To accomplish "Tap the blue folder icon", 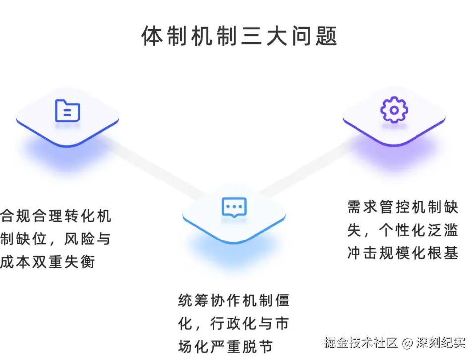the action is pyautogui.click(x=67, y=111).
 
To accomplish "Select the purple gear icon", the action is pyautogui.click(x=394, y=110).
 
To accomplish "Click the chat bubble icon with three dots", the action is pyautogui.click(x=234, y=207).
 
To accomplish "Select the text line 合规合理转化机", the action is pyautogui.click(x=56, y=216).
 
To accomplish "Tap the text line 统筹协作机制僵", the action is pyautogui.click(x=234, y=300).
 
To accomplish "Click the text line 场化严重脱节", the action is pyautogui.click(x=226, y=346).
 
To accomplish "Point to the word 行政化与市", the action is pyautogui.click(x=249, y=323).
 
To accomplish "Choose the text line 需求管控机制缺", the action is pyautogui.click(x=403, y=207).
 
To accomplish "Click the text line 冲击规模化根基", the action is pyautogui.click(x=403, y=253).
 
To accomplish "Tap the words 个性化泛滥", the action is pyautogui.click(x=418, y=230).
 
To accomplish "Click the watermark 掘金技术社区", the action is pyautogui.click(x=361, y=342).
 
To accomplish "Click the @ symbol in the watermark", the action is pyautogui.click(x=407, y=342).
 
